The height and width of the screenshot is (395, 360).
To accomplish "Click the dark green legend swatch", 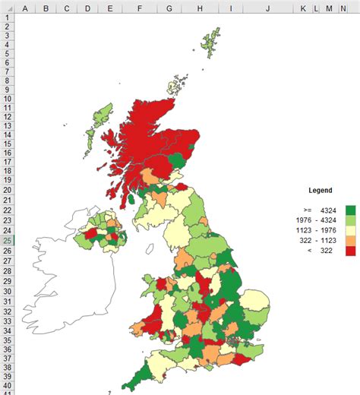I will pos(350,210).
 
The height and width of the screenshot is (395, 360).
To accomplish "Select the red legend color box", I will pos(350,250).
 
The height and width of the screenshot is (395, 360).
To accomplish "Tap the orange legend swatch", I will pos(350,240).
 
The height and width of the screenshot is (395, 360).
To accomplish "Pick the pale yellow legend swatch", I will pos(350,230).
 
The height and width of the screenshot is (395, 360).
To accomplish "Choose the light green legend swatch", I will pos(350,220).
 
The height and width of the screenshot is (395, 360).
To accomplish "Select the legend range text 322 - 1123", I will pos(319,240).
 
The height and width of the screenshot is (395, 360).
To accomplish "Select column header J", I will pos(268,8).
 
